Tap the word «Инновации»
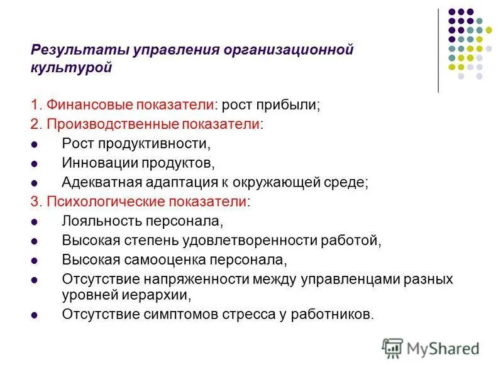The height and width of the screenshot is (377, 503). (94, 163)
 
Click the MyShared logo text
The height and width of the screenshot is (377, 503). (443, 347)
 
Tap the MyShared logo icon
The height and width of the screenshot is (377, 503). (392, 347)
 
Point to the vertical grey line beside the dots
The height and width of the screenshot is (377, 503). (438, 50)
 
